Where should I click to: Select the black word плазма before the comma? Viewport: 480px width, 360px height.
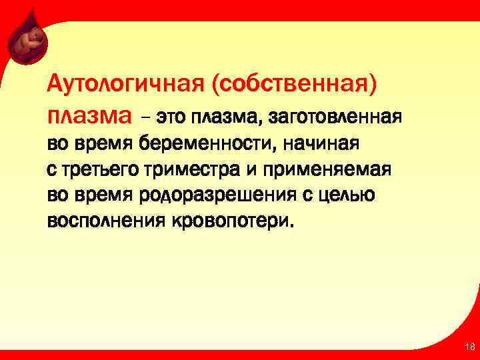tap(218, 117)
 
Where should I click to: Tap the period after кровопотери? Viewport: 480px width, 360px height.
tap(290, 225)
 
